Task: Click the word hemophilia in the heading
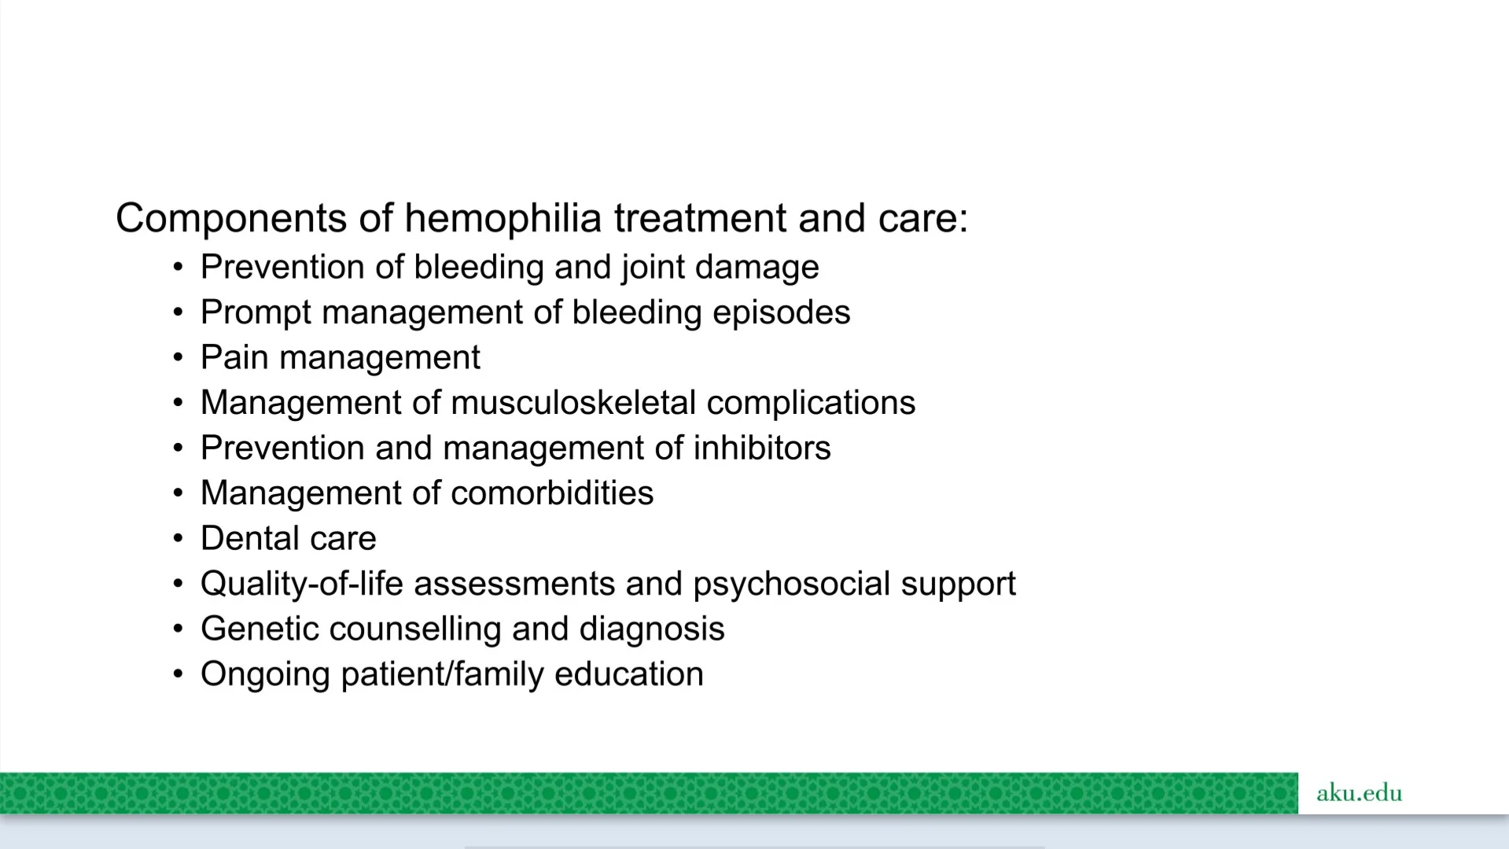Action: (502, 218)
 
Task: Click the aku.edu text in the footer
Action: (1359, 792)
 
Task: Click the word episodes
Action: (782, 313)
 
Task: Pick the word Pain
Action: (234, 357)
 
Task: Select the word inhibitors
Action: (762, 448)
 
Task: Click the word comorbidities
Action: (552, 493)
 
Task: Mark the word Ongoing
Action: (265, 675)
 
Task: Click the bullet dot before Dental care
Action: (179, 539)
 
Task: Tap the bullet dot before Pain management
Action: (179, 358)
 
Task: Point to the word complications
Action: (812, 404)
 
